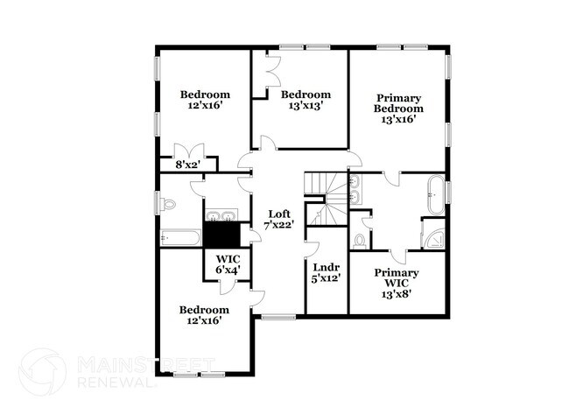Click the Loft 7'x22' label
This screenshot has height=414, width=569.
point(278,220)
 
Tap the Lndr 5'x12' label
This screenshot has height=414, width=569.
point(327,273)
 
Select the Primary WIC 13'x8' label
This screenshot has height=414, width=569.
point(397,284)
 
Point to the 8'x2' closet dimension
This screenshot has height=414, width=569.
point(188,165)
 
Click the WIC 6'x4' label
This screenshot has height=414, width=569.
point(228,264)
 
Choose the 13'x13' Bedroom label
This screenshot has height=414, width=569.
point(306,100)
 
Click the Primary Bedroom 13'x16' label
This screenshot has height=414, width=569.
point(398,109)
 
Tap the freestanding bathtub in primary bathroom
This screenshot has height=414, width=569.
point(436,195)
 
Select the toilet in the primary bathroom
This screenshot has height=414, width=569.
point(359,242)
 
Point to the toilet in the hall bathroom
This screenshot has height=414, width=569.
point(169,204)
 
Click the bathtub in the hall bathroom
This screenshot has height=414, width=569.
point(180,238)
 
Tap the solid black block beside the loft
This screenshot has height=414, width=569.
point(221,235)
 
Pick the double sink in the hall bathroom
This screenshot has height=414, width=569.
point(221,215)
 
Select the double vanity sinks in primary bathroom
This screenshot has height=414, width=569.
point(355,189)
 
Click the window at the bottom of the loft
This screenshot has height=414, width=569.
point(278,317)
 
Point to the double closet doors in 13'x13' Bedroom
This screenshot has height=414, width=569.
point(272,71)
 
